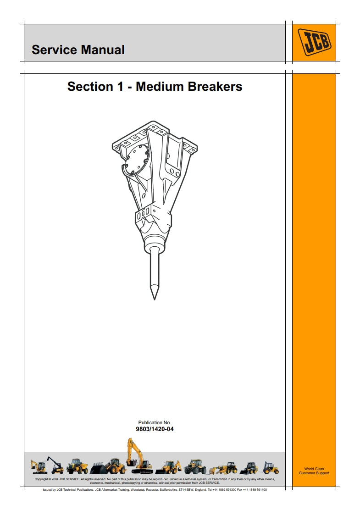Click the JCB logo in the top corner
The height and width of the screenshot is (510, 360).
[x=314, y=43]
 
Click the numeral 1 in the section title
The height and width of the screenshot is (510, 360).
[x=120, y=87]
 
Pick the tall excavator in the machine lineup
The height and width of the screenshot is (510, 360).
[x=138, y=456]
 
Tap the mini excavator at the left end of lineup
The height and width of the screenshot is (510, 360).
[x=39, y=466]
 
